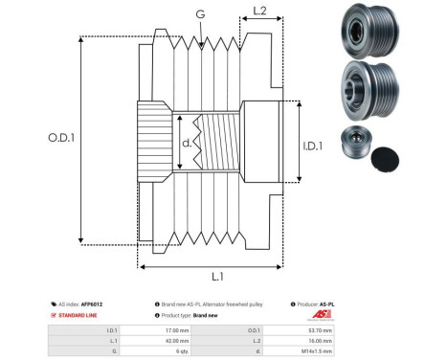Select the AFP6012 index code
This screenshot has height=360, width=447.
pos(92,304)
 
